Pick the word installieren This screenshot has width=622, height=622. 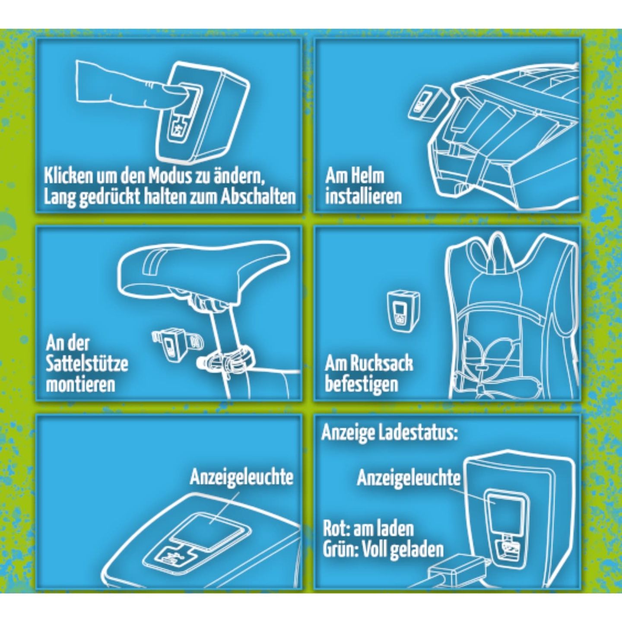click(363, 197)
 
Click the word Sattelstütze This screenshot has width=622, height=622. click(87, 365)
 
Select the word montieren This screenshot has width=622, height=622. click(80, 385)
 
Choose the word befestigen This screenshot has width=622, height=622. click(361, 385)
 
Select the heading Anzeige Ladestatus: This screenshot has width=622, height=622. click(390, 434)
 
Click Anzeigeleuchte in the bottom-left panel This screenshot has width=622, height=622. click(241, 478)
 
